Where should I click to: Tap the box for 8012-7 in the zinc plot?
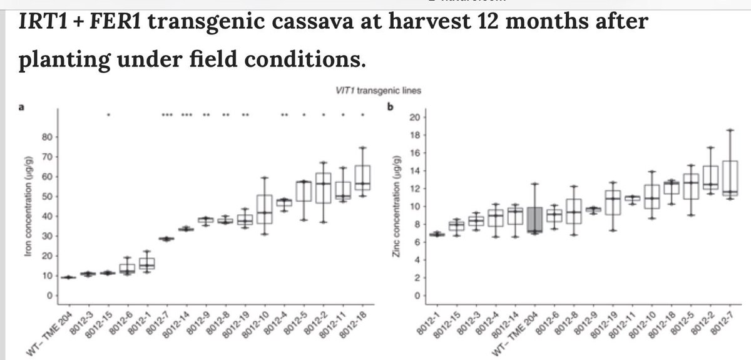tap(730, 178)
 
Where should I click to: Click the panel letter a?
tap(21, 107)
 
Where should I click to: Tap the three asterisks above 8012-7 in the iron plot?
tap(167, 115)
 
